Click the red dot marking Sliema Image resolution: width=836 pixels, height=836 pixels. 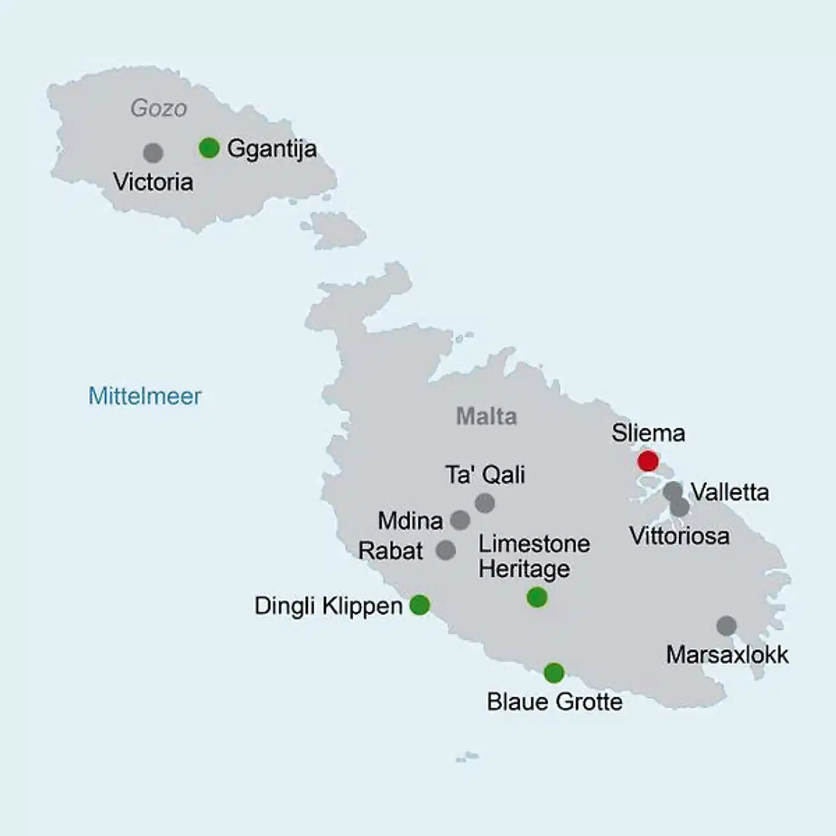(648, 461)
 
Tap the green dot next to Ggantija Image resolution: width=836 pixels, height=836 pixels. (209, 148)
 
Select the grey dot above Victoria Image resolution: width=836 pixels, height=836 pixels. (153, 153)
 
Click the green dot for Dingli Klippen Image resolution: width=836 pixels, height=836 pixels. (420, 605)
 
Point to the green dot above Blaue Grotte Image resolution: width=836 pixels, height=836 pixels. (554, 673)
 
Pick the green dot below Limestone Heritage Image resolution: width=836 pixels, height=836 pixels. (537, 597)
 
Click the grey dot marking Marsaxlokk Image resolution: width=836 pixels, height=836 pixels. (726, 626)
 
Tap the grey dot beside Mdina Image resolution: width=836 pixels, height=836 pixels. (460, 520)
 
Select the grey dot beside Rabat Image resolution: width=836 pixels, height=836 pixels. (446, 550)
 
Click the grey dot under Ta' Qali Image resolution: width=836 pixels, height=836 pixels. (485, 503)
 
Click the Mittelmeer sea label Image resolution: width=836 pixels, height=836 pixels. (145, 396)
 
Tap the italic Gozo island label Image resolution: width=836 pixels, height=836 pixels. (158, 108)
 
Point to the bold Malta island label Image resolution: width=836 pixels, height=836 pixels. (487, 416)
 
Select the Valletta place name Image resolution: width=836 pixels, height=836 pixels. (730, 492)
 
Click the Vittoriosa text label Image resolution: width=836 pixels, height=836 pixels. (679, 536)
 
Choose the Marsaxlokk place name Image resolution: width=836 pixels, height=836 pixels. (727, 655)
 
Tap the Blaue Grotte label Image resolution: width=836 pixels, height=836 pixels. (554, 702)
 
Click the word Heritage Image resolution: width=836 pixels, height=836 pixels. (524, 569)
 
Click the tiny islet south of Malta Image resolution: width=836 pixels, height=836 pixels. (468, 756)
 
